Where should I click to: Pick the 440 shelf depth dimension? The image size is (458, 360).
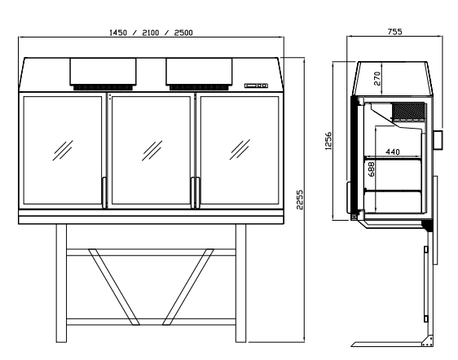(391, 152)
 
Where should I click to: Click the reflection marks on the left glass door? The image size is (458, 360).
(62, 151)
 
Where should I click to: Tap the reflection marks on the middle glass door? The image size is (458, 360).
(151, 151)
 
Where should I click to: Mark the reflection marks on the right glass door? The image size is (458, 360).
(240, 151)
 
